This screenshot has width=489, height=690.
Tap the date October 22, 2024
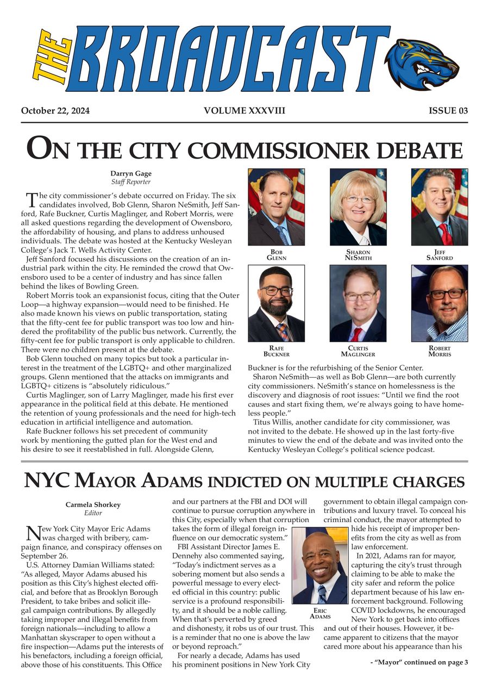(55, 111)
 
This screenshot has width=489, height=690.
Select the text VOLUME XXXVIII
(244, 111)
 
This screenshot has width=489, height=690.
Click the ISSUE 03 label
(448, 111)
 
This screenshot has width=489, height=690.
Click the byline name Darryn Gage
(130, 173)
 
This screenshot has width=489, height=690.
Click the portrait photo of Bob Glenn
(276, 206)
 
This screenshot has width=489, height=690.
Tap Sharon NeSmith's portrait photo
(358, 206)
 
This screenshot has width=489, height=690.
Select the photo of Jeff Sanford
(439, 206)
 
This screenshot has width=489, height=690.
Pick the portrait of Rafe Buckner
(276, 303)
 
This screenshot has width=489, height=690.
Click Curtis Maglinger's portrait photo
(358, 303)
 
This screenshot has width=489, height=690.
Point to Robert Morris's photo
(439, 303)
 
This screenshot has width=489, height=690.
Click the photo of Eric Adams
(319, 565)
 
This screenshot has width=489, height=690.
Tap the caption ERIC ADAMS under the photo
(320, 613)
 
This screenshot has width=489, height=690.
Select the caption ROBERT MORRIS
(439, 351)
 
